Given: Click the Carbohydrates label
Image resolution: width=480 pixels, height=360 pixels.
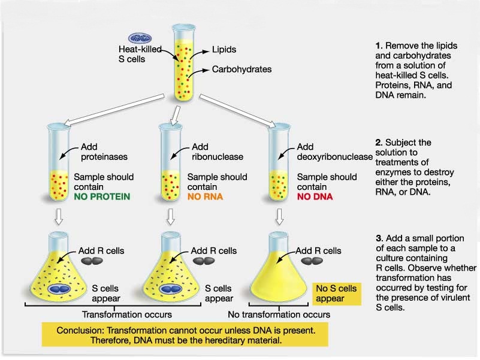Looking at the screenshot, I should [241, 69].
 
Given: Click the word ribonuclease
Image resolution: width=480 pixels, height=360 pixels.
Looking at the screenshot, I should [218, 157].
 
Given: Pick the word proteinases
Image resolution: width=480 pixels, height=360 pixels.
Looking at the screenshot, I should [100, 157].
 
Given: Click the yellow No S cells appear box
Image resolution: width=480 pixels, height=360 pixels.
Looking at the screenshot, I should [336, 294].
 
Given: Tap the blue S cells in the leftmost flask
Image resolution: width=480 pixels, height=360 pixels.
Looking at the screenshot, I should [61, 289].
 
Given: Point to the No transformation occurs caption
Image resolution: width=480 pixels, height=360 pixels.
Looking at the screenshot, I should [279, 314].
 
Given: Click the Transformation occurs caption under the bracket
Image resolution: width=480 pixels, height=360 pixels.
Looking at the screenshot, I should [126, 314].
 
